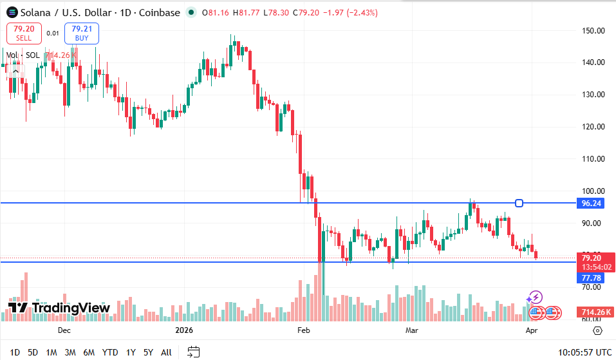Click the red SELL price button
click(x=24, y=33)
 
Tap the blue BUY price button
click(x=82, y=33)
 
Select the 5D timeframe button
click(x=33, y=352)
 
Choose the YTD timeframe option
click(x=110, y=352)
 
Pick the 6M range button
click(x=89, y=352)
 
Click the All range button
click(x=166, y=352)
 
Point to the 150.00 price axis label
click(x=593, y=30)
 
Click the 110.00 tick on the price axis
click(x=593, y=158)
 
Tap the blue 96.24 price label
click(x=591, y=203)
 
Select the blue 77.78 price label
click(x=591, y=278)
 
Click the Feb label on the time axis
click(x=304, y=330)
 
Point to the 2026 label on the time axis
click(x=184, y=330)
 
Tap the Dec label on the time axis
click(x=64, y=330)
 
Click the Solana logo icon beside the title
click(x=12, y=12)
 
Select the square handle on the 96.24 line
click(x=519, y=203)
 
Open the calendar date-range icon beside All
click(x=194, y=352)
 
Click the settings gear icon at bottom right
click(x=597, y=330)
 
